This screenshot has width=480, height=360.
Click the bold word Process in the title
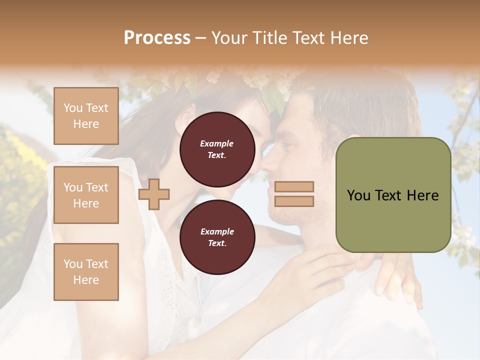click(x=157, y=37)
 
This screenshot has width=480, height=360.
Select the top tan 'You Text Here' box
click(x=86, y=116)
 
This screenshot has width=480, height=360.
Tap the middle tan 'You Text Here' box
click(x=86, y=195)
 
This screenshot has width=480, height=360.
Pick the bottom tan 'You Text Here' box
click(x=86, y=271)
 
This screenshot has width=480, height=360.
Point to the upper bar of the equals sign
click(x=294, y=187)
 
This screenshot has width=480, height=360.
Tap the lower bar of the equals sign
click(x=294, y=201)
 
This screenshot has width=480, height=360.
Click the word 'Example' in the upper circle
click(x=217, y=143)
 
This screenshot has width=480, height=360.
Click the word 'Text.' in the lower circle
click(x=217, y=243)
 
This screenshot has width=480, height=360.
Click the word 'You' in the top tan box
click(x=73, y=108)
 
